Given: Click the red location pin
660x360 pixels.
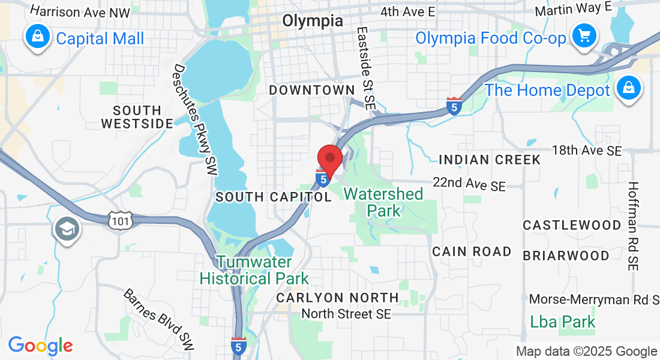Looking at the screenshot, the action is coord(329,159).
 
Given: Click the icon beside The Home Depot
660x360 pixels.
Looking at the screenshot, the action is coord(628,89).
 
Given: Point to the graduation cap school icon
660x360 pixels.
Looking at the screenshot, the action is coord(67,229).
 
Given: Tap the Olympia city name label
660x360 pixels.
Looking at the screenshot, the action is coord(313,21).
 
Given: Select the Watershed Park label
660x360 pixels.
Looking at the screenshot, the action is coord(383,202).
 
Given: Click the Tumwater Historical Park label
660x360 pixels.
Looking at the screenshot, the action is coord(254,271).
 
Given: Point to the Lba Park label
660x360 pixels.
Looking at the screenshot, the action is coord(563,322).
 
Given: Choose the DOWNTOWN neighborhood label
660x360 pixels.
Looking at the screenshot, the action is coord(312,90).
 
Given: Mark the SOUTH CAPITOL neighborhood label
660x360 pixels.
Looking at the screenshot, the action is coord(273,197).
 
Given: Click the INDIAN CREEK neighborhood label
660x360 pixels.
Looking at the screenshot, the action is coord(490,160).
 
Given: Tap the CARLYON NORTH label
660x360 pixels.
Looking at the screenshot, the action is coord(337,298).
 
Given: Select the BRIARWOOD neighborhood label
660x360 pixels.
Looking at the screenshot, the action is coord(566,256).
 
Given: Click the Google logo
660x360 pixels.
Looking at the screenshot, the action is coord(40,346).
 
